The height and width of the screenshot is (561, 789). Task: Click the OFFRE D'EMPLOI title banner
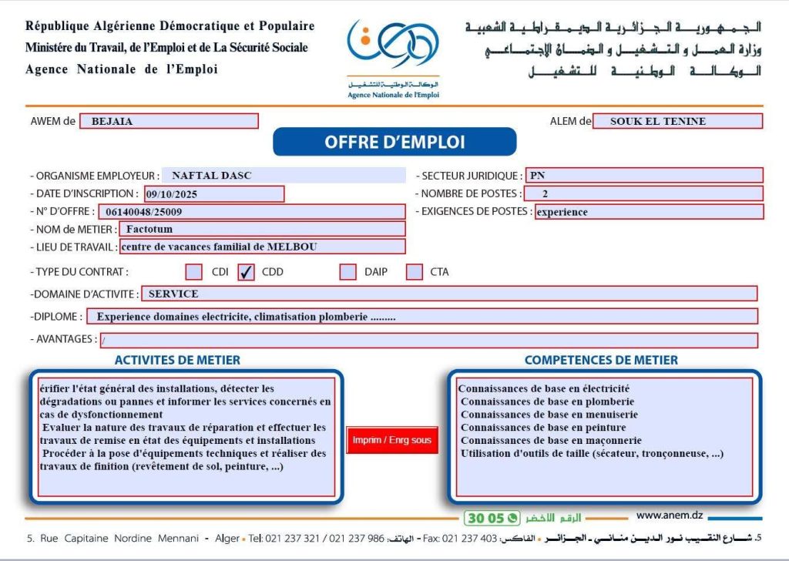pyautogui.click(x=394, y=142)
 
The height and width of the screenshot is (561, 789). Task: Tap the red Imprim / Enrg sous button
pyautogui.click(x=392, y=440)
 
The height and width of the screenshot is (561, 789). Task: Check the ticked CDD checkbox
pyautogui.click(x=247, y=272)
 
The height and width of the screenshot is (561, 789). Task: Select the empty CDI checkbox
pyautogui.click(x=194, y=272)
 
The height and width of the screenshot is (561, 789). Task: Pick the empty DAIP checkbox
pyautogui.click(x=348, y=272)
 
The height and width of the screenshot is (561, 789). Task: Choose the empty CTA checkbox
pyautogui.click(x=415, y=272)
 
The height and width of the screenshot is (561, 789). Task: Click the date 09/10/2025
pyautogui.click(x=171, y=194)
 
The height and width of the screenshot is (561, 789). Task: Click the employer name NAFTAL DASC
pyautogui.click(x=212, y=175)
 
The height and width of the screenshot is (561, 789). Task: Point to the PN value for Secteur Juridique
pyautogui.click(x=537, y=175)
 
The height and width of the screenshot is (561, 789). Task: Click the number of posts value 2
pyautogui.click(x=546, y=193)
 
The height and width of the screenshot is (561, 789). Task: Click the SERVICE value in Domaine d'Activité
pyautogui.click(x=173, y=294)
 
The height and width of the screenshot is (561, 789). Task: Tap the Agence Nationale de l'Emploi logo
pyautogui.click(x=393, y=58)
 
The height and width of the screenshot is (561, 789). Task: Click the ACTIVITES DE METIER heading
pyautogui.click(x=177, y=360)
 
